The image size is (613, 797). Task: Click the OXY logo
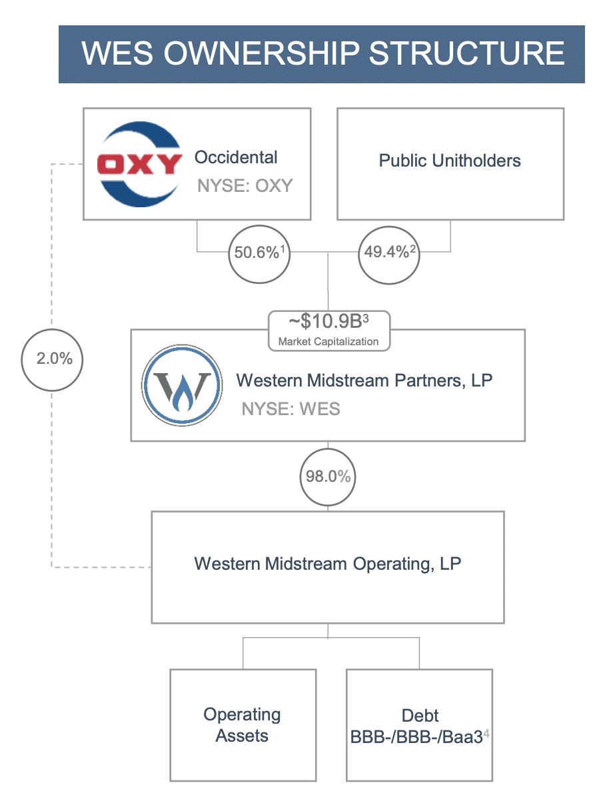(x=140, y=164)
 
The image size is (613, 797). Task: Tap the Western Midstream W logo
(x=182, y=385)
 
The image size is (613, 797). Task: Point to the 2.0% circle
(x=53, y=360)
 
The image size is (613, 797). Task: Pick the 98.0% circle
(x=328, y=476)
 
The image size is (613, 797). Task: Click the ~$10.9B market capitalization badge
(x=329, y=331)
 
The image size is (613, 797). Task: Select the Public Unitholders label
(x=450, y=161)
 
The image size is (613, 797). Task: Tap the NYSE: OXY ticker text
(x=245, y=185)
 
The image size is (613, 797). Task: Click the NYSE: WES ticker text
(x=291, y=408)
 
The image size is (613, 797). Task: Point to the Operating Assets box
(x=243, y=725)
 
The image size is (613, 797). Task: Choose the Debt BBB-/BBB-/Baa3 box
(x=419, y=725)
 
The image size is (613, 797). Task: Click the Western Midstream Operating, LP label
(x=328, y=564)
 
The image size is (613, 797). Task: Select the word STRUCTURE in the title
(x=466, y=53)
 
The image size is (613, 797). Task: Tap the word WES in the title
(x=117, y=53)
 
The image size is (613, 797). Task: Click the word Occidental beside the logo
(x=236, y=157)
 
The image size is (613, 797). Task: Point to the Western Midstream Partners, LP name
(x=364, y=381)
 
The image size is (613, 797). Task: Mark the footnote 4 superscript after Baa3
(x=486, y=733)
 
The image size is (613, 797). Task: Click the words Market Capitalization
(x=328, y=342)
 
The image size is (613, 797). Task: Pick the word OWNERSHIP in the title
(x=261, y=53)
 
